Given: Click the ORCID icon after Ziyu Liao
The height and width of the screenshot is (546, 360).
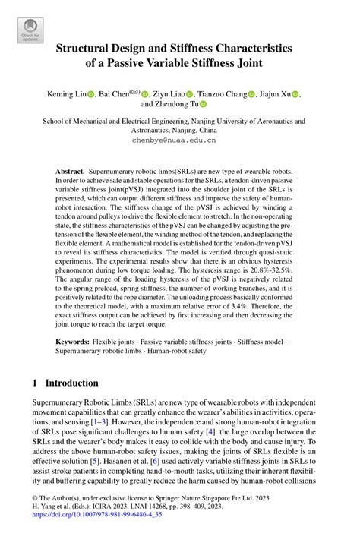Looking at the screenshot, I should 190,94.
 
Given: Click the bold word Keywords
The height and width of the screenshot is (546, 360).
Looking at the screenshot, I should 74,341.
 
